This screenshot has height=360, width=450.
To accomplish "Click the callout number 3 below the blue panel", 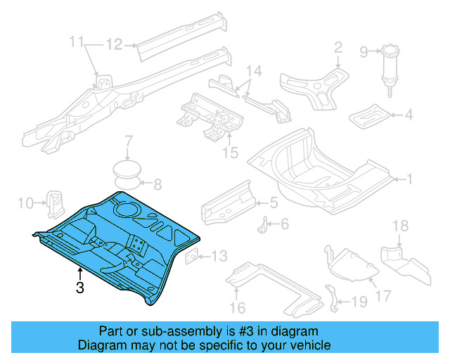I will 80,288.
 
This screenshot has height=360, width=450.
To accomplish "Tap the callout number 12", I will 115,44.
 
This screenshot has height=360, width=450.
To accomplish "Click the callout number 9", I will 364,51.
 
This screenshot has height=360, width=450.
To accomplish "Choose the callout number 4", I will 408,115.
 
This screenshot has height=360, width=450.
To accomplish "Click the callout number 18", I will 399,226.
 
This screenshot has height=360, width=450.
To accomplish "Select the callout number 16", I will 236,307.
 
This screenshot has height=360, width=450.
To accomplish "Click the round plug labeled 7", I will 127,171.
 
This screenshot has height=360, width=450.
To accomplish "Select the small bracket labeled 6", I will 263,228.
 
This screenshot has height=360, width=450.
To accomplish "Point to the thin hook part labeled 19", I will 332,297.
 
